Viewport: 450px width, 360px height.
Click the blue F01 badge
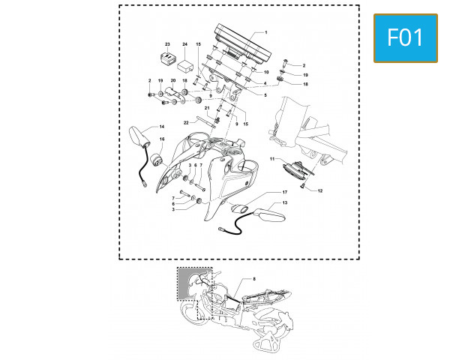pos(406,38)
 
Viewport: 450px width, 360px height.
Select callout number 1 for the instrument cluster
pos(266,32)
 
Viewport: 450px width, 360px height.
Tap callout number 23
pos(167,44)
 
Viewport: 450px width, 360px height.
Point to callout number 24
pos(184,44)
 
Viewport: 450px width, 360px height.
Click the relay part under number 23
pos(169,58)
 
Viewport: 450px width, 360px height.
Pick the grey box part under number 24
pos(185,67)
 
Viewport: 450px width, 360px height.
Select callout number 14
pos(162,127)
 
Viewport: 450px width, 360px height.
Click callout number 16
pos(162,139)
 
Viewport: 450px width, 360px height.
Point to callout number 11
pos(272,159)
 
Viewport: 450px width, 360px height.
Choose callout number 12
pos(320,190)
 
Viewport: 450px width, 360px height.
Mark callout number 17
pos(285,192)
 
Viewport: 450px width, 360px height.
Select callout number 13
pos(285,202)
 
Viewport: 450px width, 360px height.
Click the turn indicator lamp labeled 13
pos(270,215)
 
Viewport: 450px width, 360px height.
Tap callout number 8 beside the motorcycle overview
pos(254,279)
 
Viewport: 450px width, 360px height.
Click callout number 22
pos(186,123)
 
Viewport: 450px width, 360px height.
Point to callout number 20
pos(173,81)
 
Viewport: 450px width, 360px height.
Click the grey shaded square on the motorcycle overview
pos(184,284)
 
